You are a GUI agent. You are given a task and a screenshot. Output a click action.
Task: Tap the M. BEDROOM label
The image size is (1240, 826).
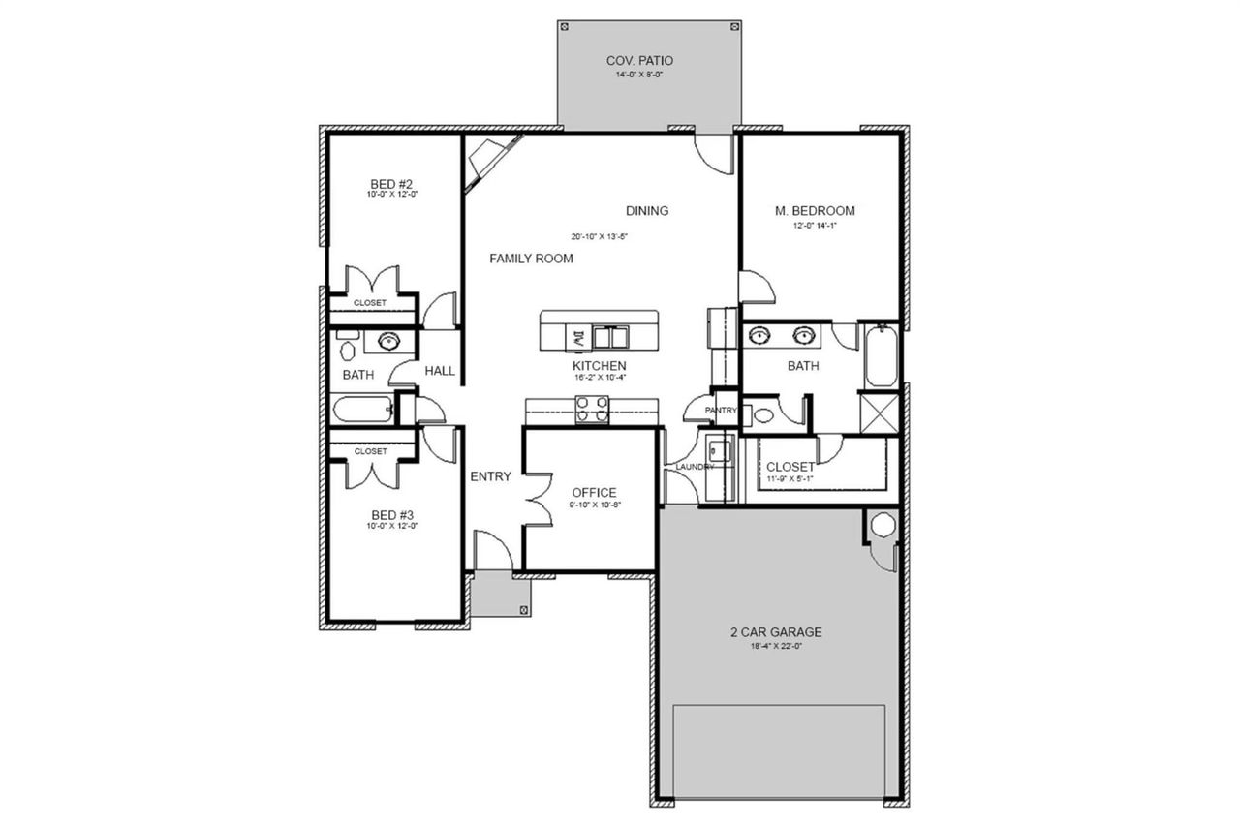(x=815, y=211)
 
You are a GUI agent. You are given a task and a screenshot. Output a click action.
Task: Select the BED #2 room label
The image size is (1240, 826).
(x=392, y=184)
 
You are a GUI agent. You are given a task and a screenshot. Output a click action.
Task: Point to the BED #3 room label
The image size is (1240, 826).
(x=392, y=514)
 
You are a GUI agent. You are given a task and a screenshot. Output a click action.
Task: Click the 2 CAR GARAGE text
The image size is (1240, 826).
(x=776, y=632)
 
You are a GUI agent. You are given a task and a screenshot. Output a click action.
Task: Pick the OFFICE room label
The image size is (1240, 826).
(x=594, y=492)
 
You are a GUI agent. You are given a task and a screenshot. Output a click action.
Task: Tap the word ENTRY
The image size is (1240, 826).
(x=490, y=476)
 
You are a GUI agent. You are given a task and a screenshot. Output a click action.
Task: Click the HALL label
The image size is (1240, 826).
(x=440, y=371)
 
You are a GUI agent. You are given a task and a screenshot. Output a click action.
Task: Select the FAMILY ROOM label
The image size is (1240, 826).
(x=531, y=259)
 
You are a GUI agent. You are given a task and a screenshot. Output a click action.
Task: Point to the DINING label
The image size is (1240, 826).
(x=647, y=211)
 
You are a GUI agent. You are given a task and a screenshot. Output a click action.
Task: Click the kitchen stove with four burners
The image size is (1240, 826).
(x=592, y=411)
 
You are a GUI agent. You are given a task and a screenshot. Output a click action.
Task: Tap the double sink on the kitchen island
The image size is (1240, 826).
(x=611, y=337)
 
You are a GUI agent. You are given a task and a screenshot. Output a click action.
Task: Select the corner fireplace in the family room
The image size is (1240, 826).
(x=489, y=161)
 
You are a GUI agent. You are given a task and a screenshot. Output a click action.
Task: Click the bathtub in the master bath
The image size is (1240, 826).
(x=881, y=356)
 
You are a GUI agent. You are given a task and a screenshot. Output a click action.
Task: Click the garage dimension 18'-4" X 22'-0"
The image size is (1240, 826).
(x=776, y=646)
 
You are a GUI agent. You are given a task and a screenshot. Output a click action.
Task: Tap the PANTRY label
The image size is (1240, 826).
(x=722, y=411)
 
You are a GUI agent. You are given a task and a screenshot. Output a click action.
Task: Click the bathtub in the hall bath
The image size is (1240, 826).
(x=362, y=410)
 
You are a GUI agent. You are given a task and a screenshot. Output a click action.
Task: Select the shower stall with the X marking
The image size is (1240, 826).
(x=881, y=413)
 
